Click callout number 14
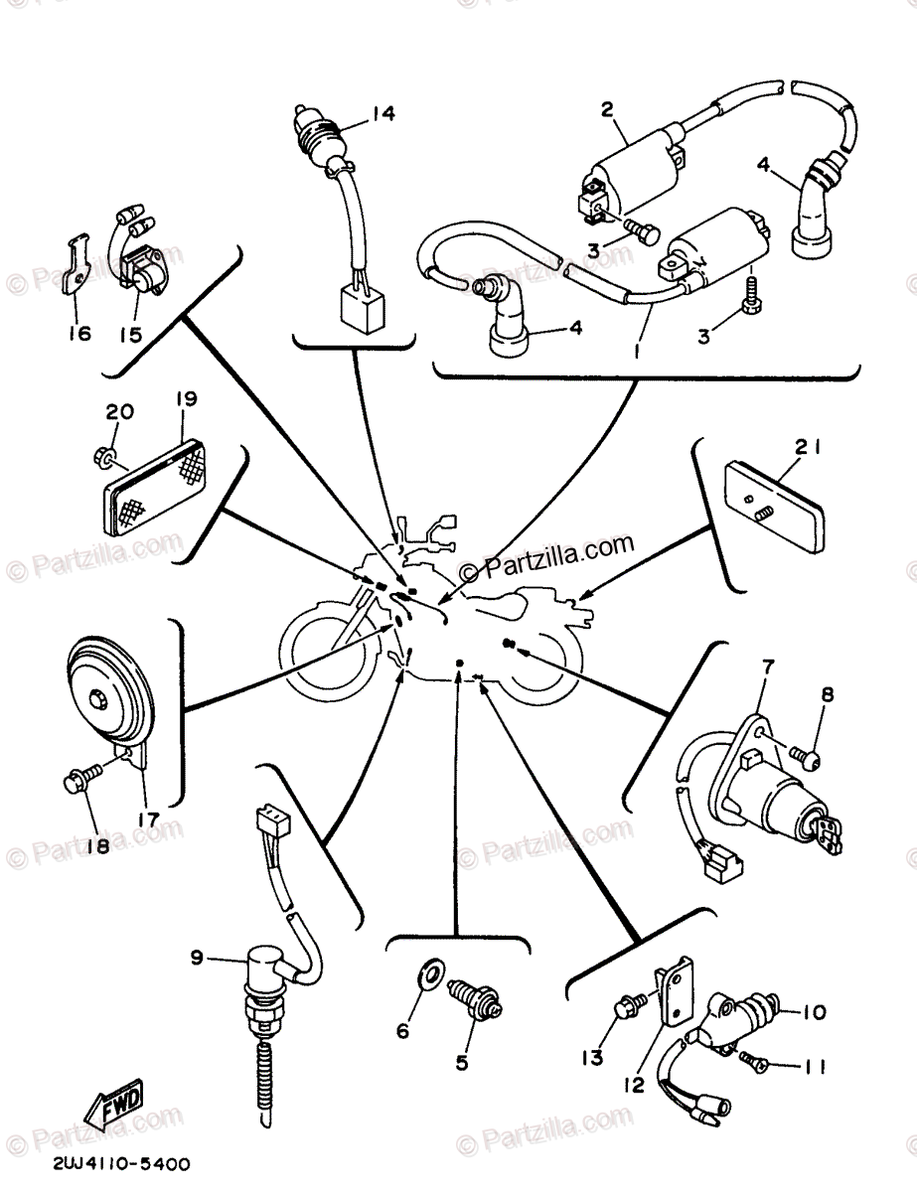click(382, 114)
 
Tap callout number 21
click(807, 449)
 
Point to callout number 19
click(186, 399)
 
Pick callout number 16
click(78, 333)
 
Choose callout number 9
click(197, 958)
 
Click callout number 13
click(592, 1059)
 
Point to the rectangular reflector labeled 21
click(776, 507)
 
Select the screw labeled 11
click(758, 1065)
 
